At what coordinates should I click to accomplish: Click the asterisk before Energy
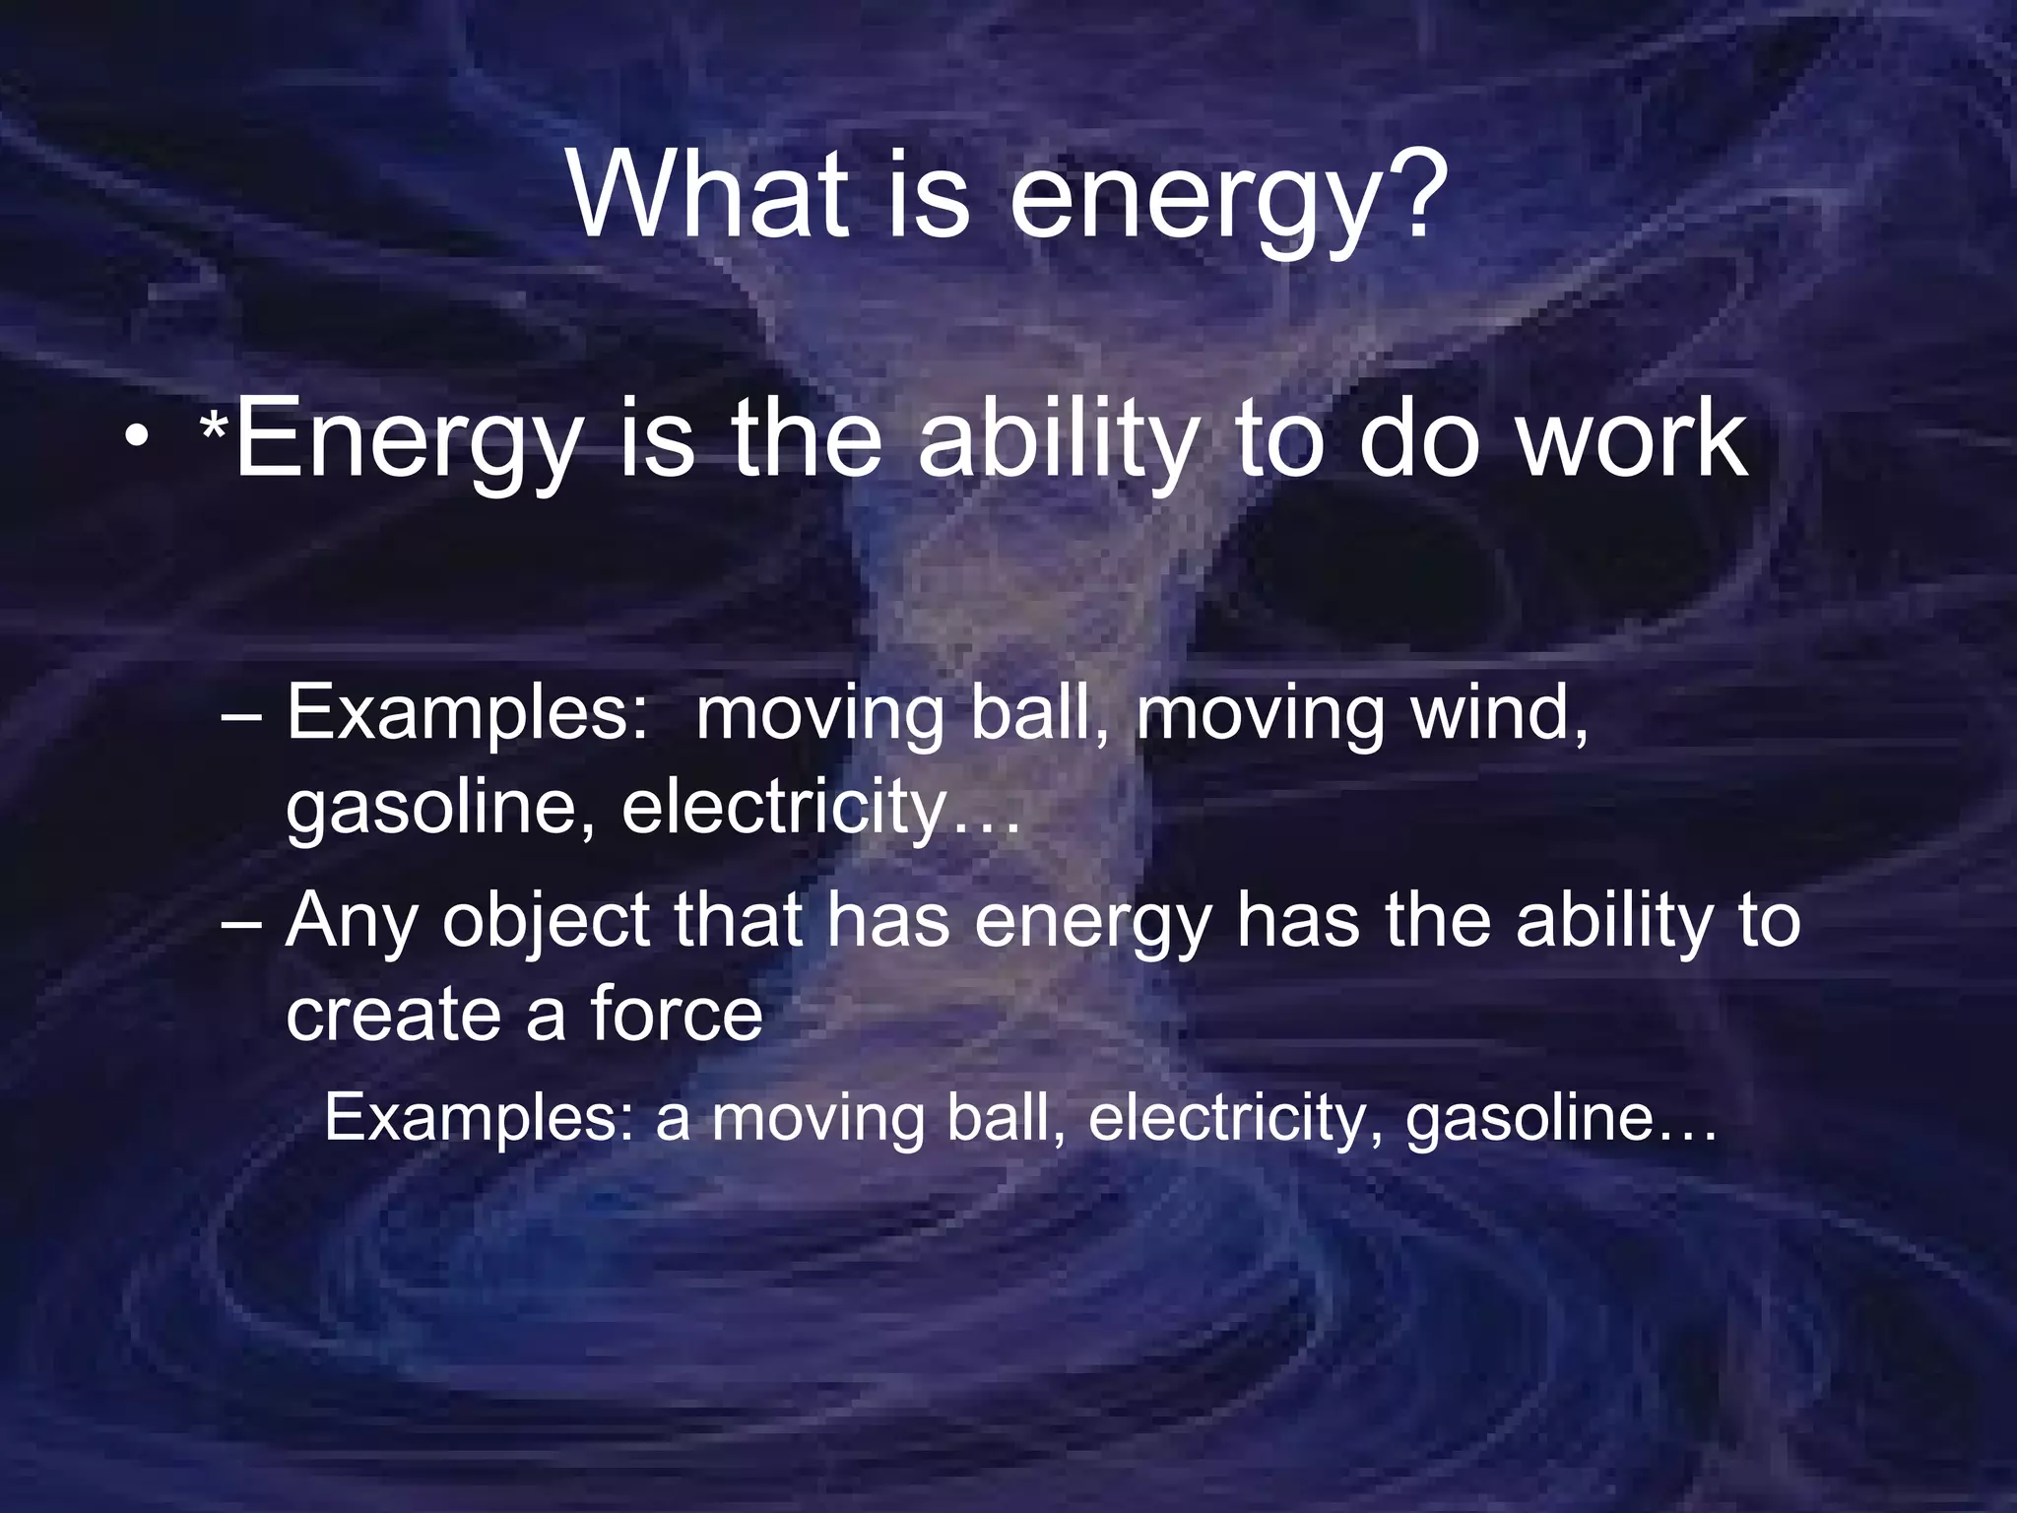215,429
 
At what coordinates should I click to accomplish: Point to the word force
677,1014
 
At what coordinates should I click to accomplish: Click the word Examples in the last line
478,1119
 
